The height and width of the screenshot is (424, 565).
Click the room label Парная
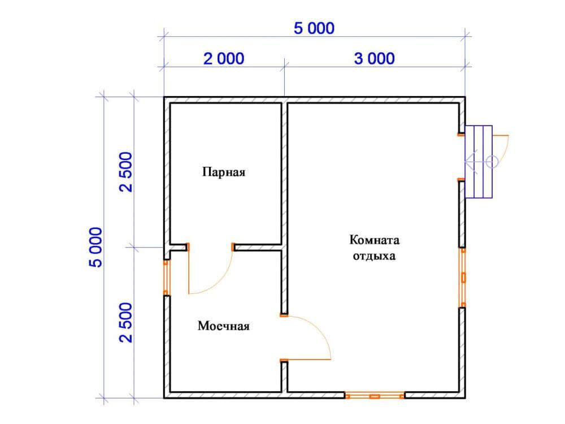[223, 172]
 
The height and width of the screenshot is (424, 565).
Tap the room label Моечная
[223, 326]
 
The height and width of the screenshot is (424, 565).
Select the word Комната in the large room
[374, 240]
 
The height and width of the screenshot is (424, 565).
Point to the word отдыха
[374, 256]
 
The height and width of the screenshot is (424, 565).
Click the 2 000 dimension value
[224, 58]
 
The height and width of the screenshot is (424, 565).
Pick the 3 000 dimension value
[375, 58]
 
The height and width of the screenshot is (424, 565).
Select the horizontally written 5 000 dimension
[314, 28]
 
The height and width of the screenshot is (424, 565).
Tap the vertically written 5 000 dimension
[96, 248]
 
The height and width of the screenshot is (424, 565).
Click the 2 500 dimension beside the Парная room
[126, 172]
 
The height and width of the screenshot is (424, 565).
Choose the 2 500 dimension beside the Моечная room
[126, 323]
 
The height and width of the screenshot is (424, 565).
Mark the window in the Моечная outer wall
[166, 278]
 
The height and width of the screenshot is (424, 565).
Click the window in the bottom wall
[375, 396]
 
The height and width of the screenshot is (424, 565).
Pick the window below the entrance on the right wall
[463, 278]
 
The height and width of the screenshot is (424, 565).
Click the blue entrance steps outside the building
[479, 162]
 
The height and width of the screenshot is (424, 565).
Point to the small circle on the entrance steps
[492, 162]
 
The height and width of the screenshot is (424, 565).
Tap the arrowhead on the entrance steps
[471, 162]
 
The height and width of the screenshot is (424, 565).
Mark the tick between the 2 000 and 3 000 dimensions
[285, 66]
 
